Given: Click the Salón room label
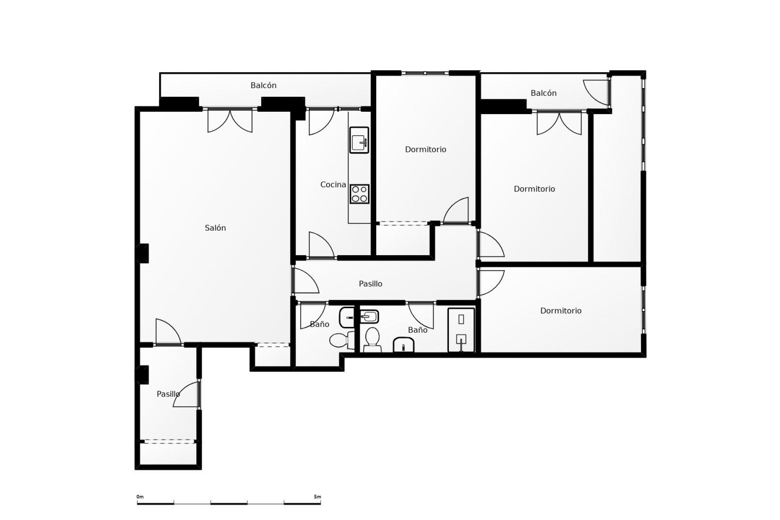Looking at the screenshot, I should [215, 228].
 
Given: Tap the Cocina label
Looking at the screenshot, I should [333, 185].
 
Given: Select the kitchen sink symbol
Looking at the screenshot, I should [359, 140].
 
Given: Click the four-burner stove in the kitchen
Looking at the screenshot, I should [360, 194].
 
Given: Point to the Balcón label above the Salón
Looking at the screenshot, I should [263, 86].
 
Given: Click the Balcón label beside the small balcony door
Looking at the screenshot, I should [543, 93].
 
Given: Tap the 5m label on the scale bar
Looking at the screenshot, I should [317, 497].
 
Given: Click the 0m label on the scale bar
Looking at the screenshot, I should [140, 497].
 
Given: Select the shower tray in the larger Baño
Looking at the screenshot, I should [461, 330].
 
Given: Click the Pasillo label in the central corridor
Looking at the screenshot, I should [370, 284].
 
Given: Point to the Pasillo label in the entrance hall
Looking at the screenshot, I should [168, 394].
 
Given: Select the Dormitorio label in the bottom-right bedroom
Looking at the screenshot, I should [561, 311].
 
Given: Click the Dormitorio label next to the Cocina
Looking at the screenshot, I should [425, 149].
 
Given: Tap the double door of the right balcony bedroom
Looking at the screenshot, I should [559, 123].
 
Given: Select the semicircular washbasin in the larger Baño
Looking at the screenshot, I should [403, 345].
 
